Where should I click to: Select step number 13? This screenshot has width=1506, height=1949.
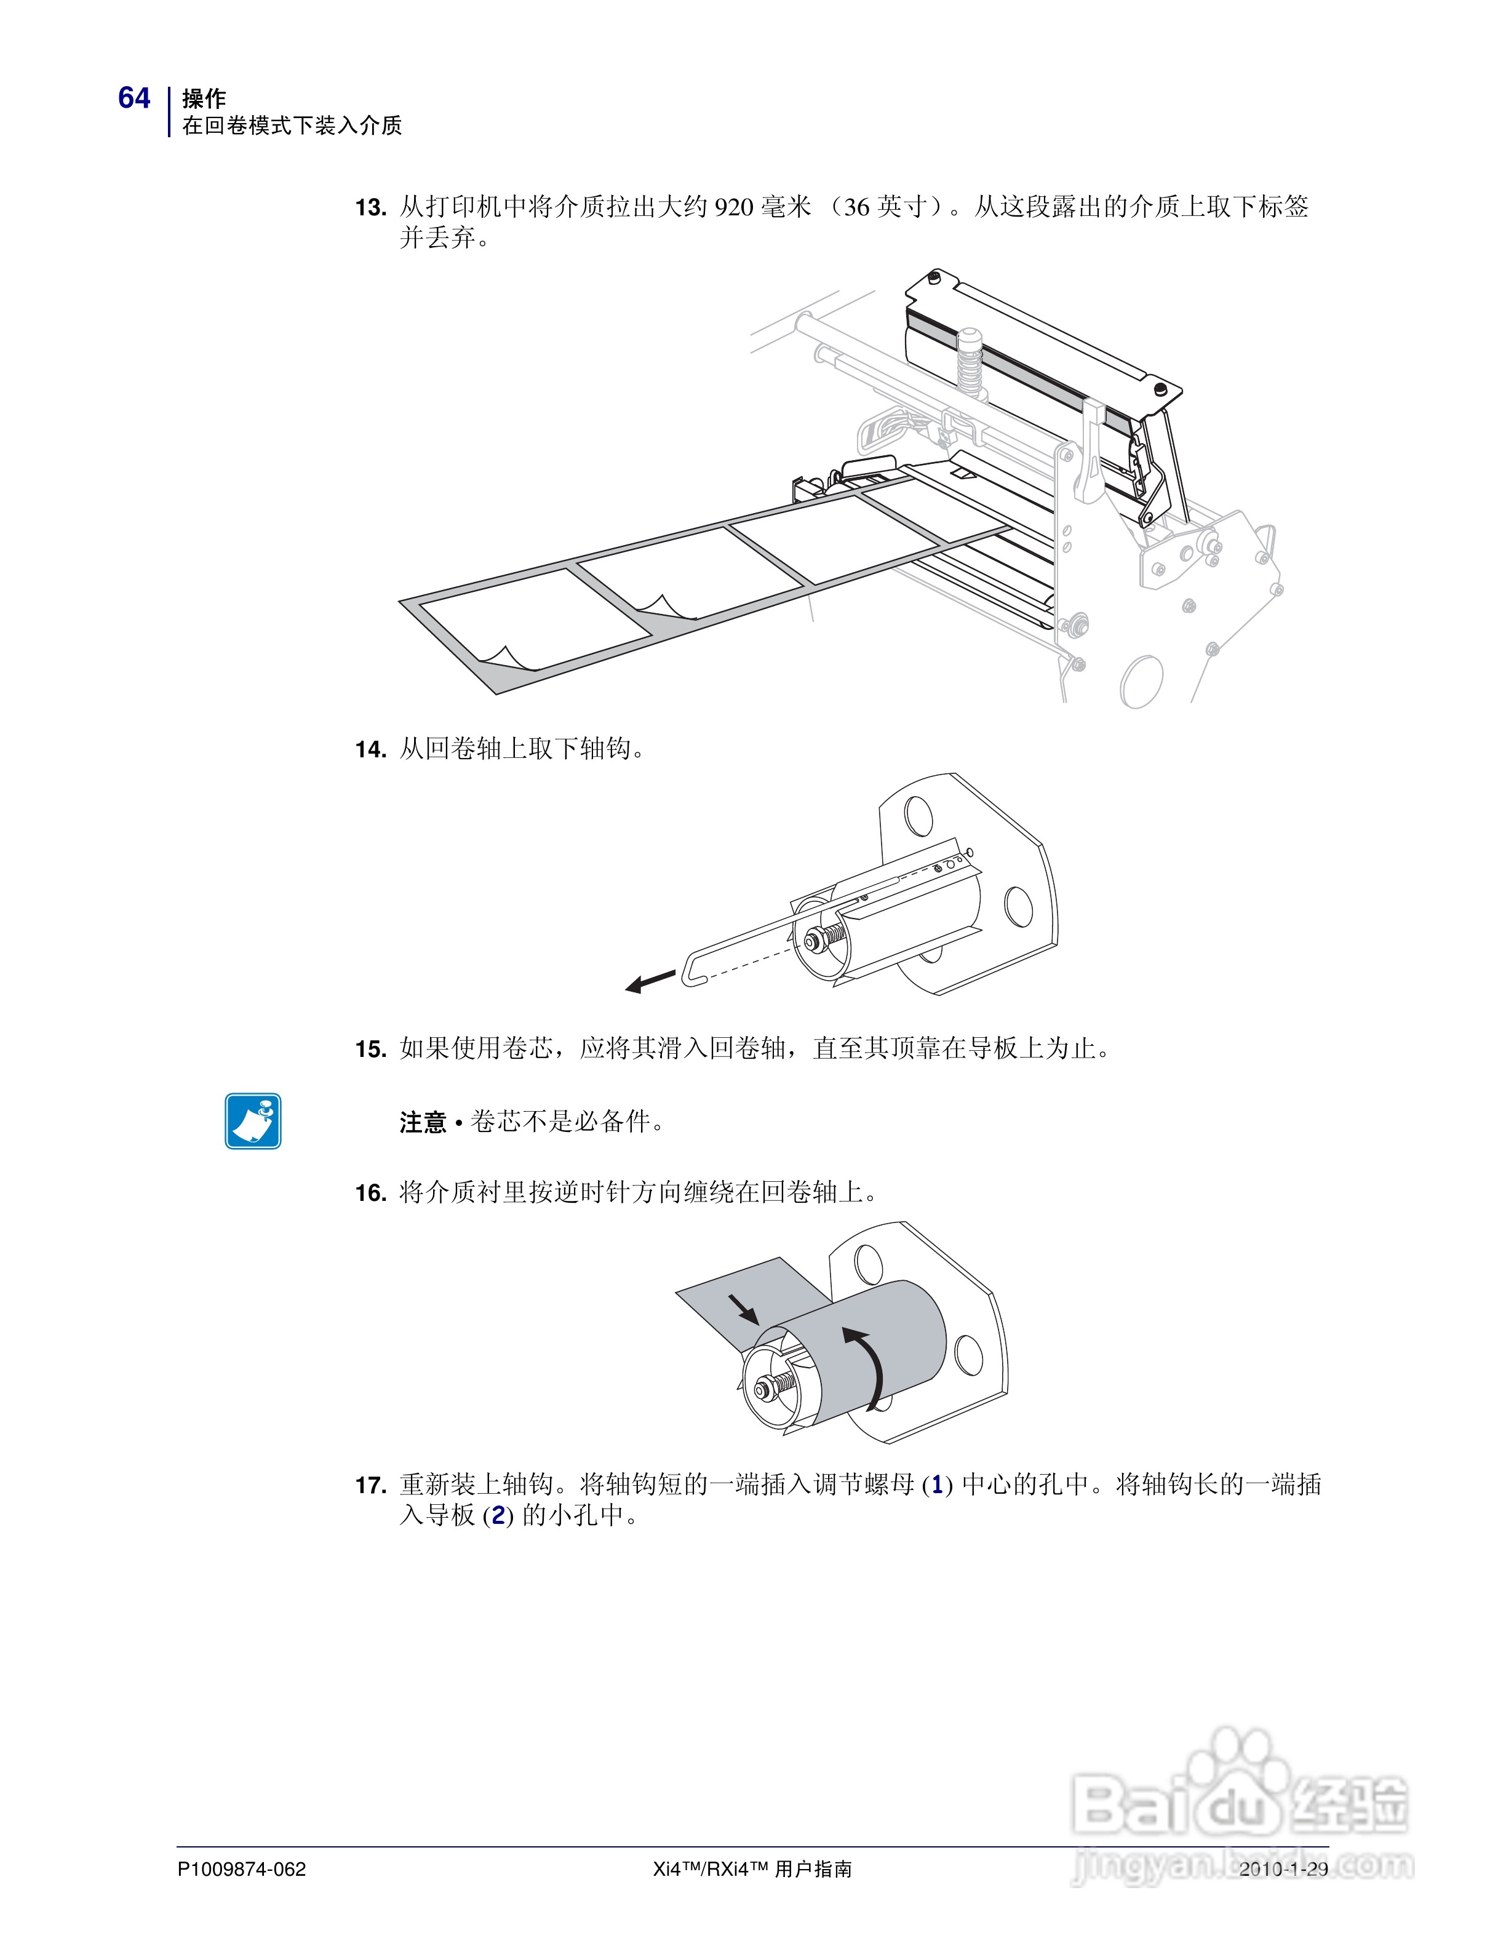pos(370,208)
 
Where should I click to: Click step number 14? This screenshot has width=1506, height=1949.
pos(370,749)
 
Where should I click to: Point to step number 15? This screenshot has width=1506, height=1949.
pos(370,1050)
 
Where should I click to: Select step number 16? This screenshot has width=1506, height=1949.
pos(370,1193)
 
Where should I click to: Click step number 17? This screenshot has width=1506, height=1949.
pos(370,1486)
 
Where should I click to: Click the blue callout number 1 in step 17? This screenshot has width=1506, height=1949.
pos(937,1485)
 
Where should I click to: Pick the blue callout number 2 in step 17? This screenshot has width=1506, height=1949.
pos(498,1515)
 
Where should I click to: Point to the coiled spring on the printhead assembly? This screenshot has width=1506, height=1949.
pos(969,361)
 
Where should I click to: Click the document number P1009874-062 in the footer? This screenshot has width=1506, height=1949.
pos(242,1868)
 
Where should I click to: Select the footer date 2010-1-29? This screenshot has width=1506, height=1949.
pos(1283,1868)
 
